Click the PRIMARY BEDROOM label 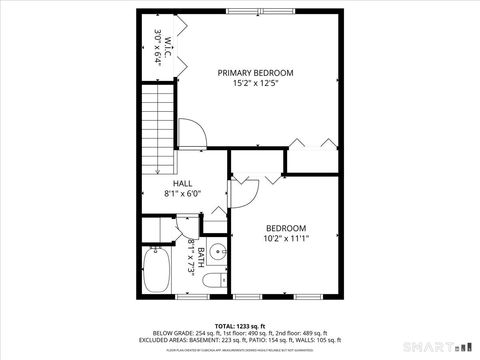click(x=256, y=73)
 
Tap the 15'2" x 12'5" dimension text click(x=256, y=84)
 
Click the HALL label click(x=183, y=184)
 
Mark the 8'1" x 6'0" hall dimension click(x=183, y=194)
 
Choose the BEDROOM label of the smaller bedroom click(x=286, y=228)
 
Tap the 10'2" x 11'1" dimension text click(x=286, y=239)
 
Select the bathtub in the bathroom click(x=158, y=273)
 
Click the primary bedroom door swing click(x=192, y=133)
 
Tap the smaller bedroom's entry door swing click(x=247, y=190)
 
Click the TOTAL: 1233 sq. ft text click(x=240, y=326)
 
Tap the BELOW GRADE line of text click(x=240, y=333)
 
